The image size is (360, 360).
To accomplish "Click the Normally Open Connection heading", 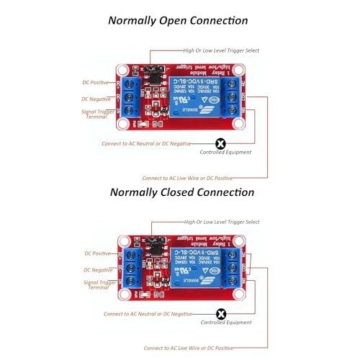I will (178, 21).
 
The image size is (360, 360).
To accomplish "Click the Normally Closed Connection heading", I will (181, 192).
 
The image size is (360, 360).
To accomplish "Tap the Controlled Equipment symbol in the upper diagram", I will (220, 144).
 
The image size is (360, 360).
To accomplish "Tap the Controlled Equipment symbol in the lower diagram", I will (221, 313).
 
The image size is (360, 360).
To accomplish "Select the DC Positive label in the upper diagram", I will (95, 83).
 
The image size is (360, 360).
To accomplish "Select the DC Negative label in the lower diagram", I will (98, 270).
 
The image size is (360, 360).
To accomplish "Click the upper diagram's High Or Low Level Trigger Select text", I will (221, 50).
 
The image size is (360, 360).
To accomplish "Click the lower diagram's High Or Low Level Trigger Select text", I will (222, 222).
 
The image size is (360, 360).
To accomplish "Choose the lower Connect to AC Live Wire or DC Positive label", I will (188, 348).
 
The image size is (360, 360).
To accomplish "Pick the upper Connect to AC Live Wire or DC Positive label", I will (186, 177).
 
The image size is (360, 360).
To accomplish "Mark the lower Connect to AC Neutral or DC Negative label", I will (148, 314).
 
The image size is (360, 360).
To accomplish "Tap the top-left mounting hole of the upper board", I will (124, 71).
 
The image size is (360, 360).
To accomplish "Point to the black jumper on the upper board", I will (153, 71).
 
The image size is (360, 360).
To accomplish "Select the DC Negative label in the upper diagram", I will (95, 99).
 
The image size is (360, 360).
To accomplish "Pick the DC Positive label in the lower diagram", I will (98, 253).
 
